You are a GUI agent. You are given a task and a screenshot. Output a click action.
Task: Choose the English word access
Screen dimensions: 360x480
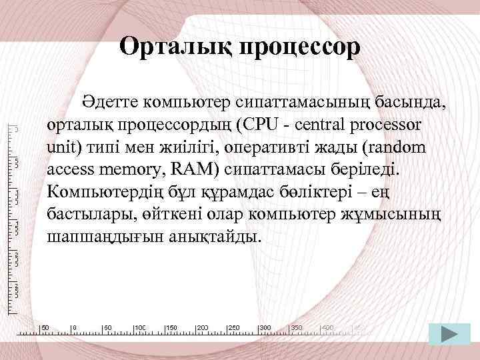[67, 169]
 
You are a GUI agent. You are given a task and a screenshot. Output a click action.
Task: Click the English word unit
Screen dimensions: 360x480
[63, 147]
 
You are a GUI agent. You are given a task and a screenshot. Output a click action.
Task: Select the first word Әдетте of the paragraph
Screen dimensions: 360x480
[109, 103]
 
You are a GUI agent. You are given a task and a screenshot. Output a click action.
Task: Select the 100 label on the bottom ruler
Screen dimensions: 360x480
[141, 328]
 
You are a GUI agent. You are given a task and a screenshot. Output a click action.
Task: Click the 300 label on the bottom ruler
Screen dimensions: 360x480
[265, 328]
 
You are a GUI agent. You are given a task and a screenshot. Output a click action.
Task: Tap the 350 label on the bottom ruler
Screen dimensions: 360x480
[297, 328]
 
